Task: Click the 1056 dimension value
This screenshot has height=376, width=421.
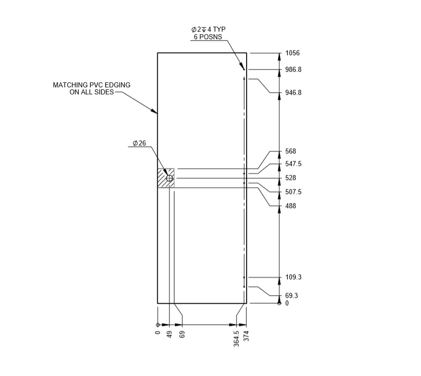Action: point(292,53)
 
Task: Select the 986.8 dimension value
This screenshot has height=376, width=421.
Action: point(293,70)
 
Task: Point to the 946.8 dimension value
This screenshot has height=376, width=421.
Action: point(293,93)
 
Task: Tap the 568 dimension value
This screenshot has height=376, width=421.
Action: point(291,151)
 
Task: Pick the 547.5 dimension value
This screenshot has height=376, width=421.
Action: point(293,164)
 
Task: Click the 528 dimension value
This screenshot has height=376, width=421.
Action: point(291,178)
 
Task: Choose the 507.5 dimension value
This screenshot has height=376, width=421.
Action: point(293,192)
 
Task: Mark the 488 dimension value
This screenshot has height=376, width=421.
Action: point(291,206)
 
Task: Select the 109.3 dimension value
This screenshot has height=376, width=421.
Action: point(293,277)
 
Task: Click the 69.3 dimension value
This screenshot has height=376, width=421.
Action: point(292,296)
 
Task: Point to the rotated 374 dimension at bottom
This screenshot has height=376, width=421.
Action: point(246,336)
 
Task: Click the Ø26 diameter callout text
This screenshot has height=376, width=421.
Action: point(139,143)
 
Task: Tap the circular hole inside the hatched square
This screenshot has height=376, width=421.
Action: point(169,178)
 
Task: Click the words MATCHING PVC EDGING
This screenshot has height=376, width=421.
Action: point(92,85)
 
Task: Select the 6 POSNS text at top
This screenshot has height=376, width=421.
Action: point(208,37)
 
